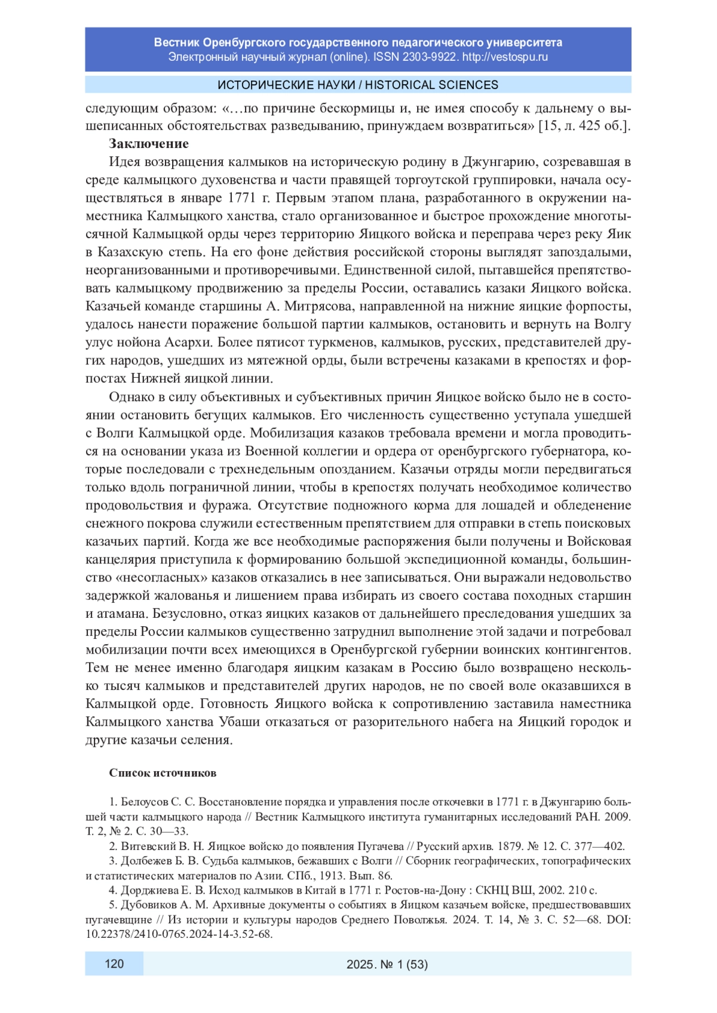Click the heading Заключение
[x=148, y=144]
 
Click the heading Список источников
[x=163, y=773]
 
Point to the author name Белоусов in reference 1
[x=145, y=802]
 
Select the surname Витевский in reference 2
[x=146, y=846]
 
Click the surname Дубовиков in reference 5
[x=148, y=905]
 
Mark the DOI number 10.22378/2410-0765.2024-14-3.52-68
[x=179, y=934]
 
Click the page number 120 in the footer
[x=114, y=963]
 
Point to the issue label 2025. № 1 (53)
[x=387, y=964]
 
